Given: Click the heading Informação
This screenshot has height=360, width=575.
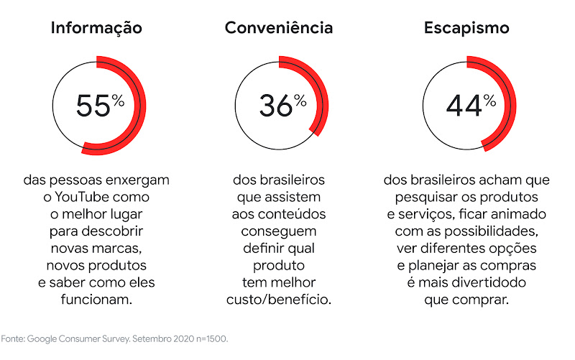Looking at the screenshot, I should [96, 28].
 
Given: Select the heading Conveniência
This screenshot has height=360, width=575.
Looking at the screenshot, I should [279, 28].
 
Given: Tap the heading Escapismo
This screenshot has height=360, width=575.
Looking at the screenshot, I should [466, 28].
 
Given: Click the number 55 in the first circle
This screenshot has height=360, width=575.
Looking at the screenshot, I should [93, 106].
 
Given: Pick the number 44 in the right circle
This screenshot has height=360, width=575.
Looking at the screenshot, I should [464, 106].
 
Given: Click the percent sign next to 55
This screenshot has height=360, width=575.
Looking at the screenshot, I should [118, 101].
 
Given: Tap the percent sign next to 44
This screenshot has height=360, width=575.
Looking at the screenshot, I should [489, 101].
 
